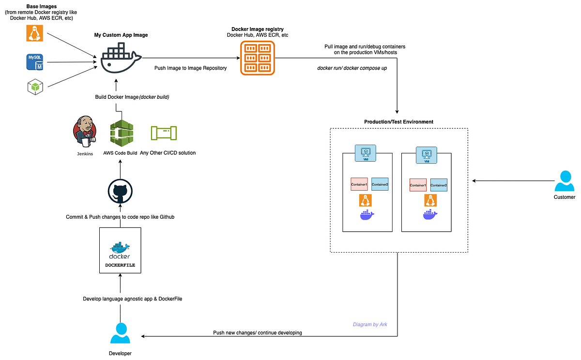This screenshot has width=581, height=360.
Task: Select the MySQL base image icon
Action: pos(34,62)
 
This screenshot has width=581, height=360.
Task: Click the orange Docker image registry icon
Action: pos(257,58)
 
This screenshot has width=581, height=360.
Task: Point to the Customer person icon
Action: pos(565,181)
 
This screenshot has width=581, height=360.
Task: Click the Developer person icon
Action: pos(120,333)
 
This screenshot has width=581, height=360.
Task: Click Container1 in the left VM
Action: pos(359,184)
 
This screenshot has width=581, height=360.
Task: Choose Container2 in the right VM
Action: pos(439,184)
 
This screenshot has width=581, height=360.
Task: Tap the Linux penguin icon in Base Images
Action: pos(34,33)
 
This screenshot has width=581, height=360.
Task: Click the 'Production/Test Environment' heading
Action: pos(398,121)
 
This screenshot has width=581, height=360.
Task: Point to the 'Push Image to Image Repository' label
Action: pos(190,68)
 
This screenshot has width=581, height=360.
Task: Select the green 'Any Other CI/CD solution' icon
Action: pos(164,134)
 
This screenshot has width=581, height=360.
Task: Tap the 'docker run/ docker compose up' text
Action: pos(352,68)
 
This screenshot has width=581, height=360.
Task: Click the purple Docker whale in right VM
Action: pos(430,215)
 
